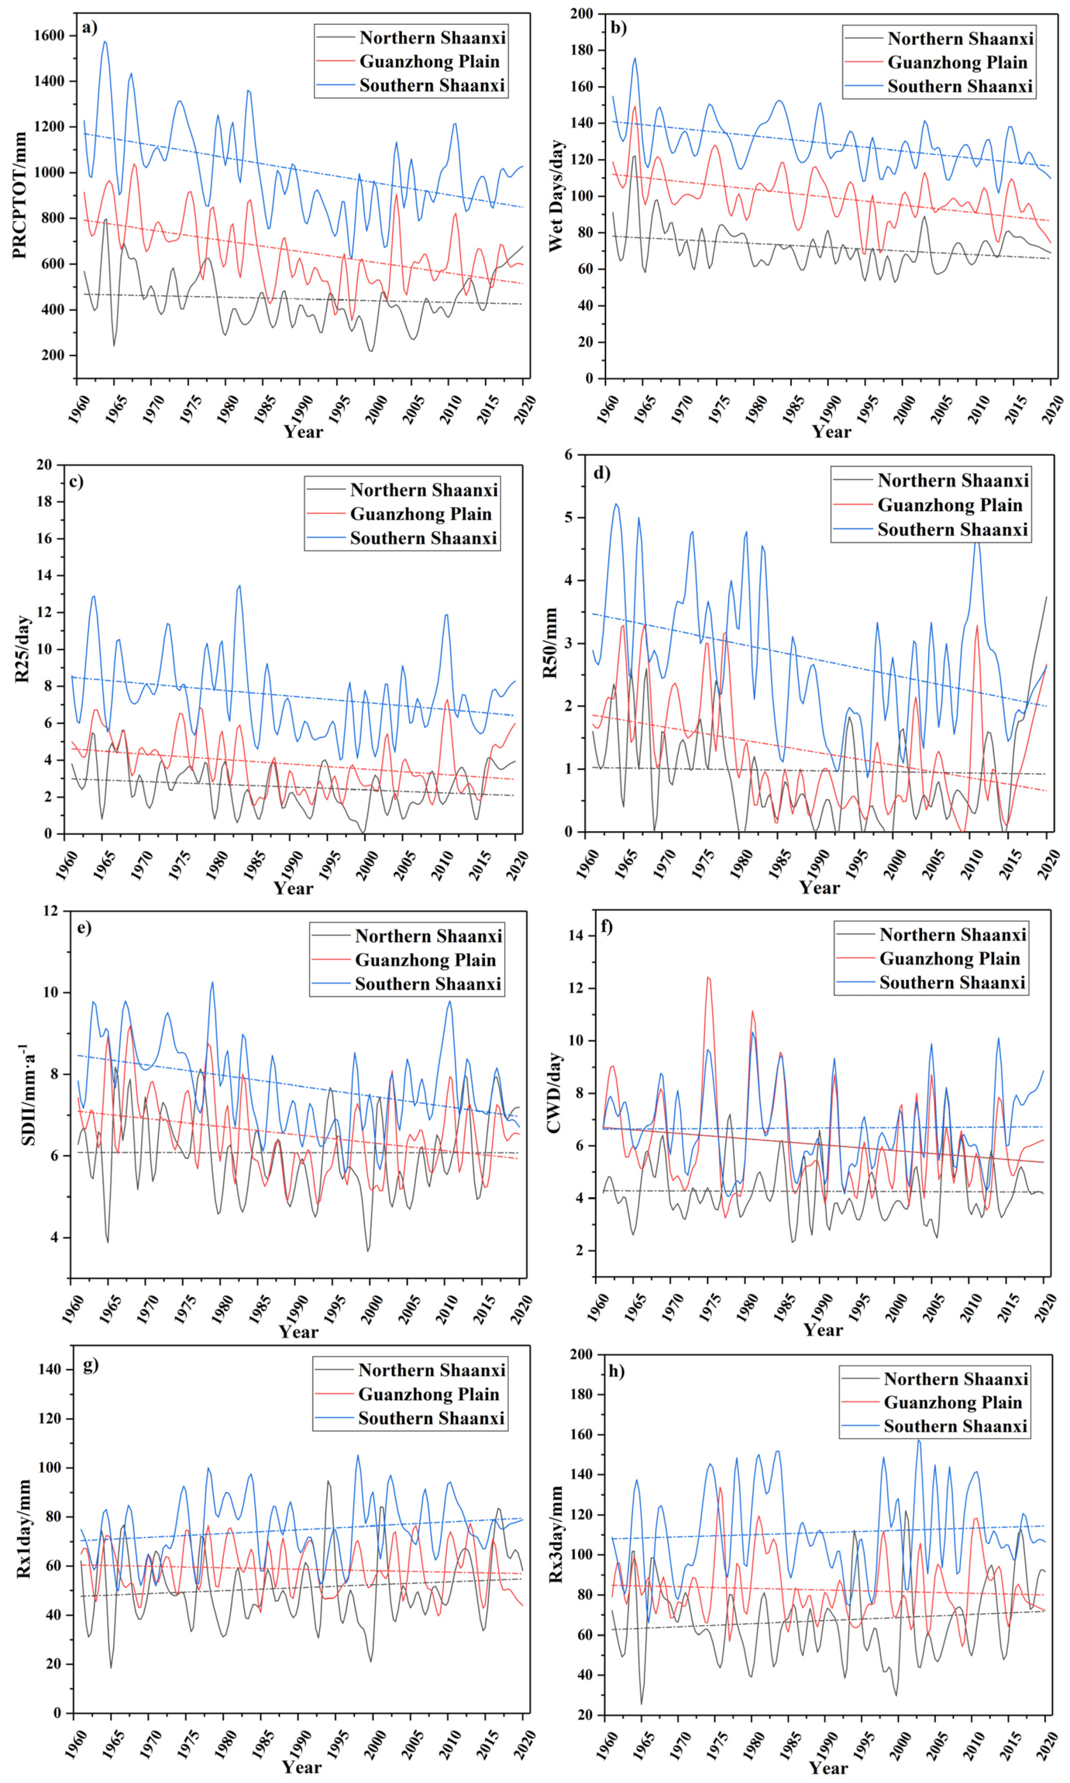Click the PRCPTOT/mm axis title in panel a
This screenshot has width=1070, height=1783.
click(x=19, y=195)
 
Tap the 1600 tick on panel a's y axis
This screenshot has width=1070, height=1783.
click(x=48, y=35)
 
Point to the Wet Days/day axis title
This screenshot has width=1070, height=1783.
click(x=556, y=196)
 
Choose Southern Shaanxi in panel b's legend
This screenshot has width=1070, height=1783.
click(x=960, y=86)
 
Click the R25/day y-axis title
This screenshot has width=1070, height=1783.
click(x=23, y=649)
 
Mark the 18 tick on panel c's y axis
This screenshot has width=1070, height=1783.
click(x=44, y=502)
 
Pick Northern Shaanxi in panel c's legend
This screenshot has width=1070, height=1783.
click(x=423, y=490)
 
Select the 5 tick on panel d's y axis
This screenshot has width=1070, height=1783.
click(x=568, y=517)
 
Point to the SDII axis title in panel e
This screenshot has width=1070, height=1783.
click(x=27, y=1094)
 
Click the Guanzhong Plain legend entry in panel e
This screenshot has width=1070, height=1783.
click(x=425, y=960)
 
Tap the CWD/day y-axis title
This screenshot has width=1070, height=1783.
click(x=554, y=1092)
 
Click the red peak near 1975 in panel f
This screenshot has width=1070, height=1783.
click(x=707, y=978)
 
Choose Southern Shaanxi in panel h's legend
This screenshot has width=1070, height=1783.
click(x=955, y=1425)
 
